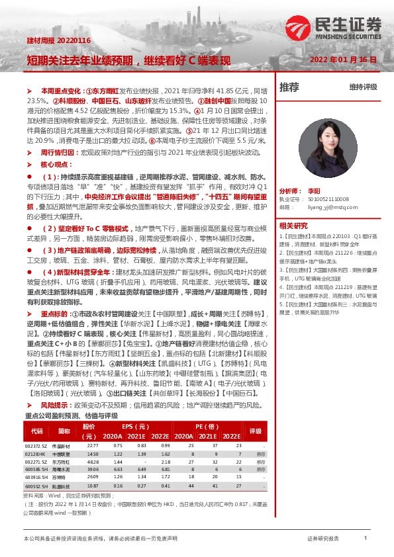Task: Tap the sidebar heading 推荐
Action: [x=289, y=87]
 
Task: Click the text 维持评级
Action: [x=363, y=87]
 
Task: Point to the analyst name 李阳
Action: [x=314, y=190]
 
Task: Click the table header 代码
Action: [x=37, y=431]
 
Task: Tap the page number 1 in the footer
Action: [x=366, y=538]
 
